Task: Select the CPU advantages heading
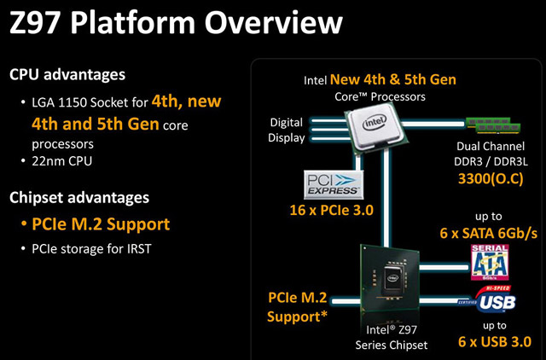pyautogui.click(x=67, y=74)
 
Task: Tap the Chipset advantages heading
pyautogui.click(x=78, y=197)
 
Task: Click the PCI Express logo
pyautogui.click(x=333, y=183)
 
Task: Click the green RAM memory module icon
pyautogui.click(x=494, y=127)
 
